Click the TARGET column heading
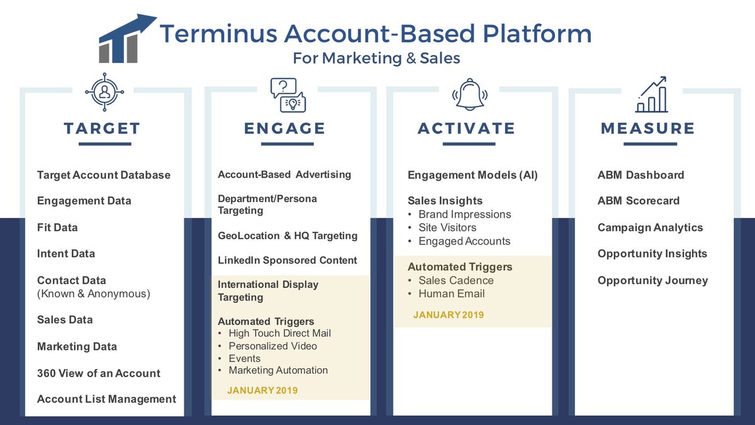pyautogui.click(x=102, y=128)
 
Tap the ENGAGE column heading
pyautogui.click(x=285, y=128)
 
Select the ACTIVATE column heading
pyautogui.click(x=466, y=128)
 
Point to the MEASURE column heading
pyautogui.click(x=648, y=128)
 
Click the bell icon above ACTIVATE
pyautogui.click(x=467, y=94)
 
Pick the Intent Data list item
pyautogui.click(x=66, y=254)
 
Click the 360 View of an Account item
pyautogui.click(x=99, y=373)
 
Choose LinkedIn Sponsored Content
pyautogui.click(x=287, y=260)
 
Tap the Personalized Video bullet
pyautogui.click(x=272, y=346)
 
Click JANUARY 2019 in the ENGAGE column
pyautogui.click(x=262, y=390)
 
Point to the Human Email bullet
pyautogui.click(x=451, y=293)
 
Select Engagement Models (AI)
pyautogui.click(x=473, y=175)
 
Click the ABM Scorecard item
pyautogui.click(x=639, y=201)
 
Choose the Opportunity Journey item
pyautogui.click(x=652, y=280)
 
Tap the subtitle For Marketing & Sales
pyautogui.click(x=376, y=59)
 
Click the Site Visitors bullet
pyautogui.click(x=447, y=227)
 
